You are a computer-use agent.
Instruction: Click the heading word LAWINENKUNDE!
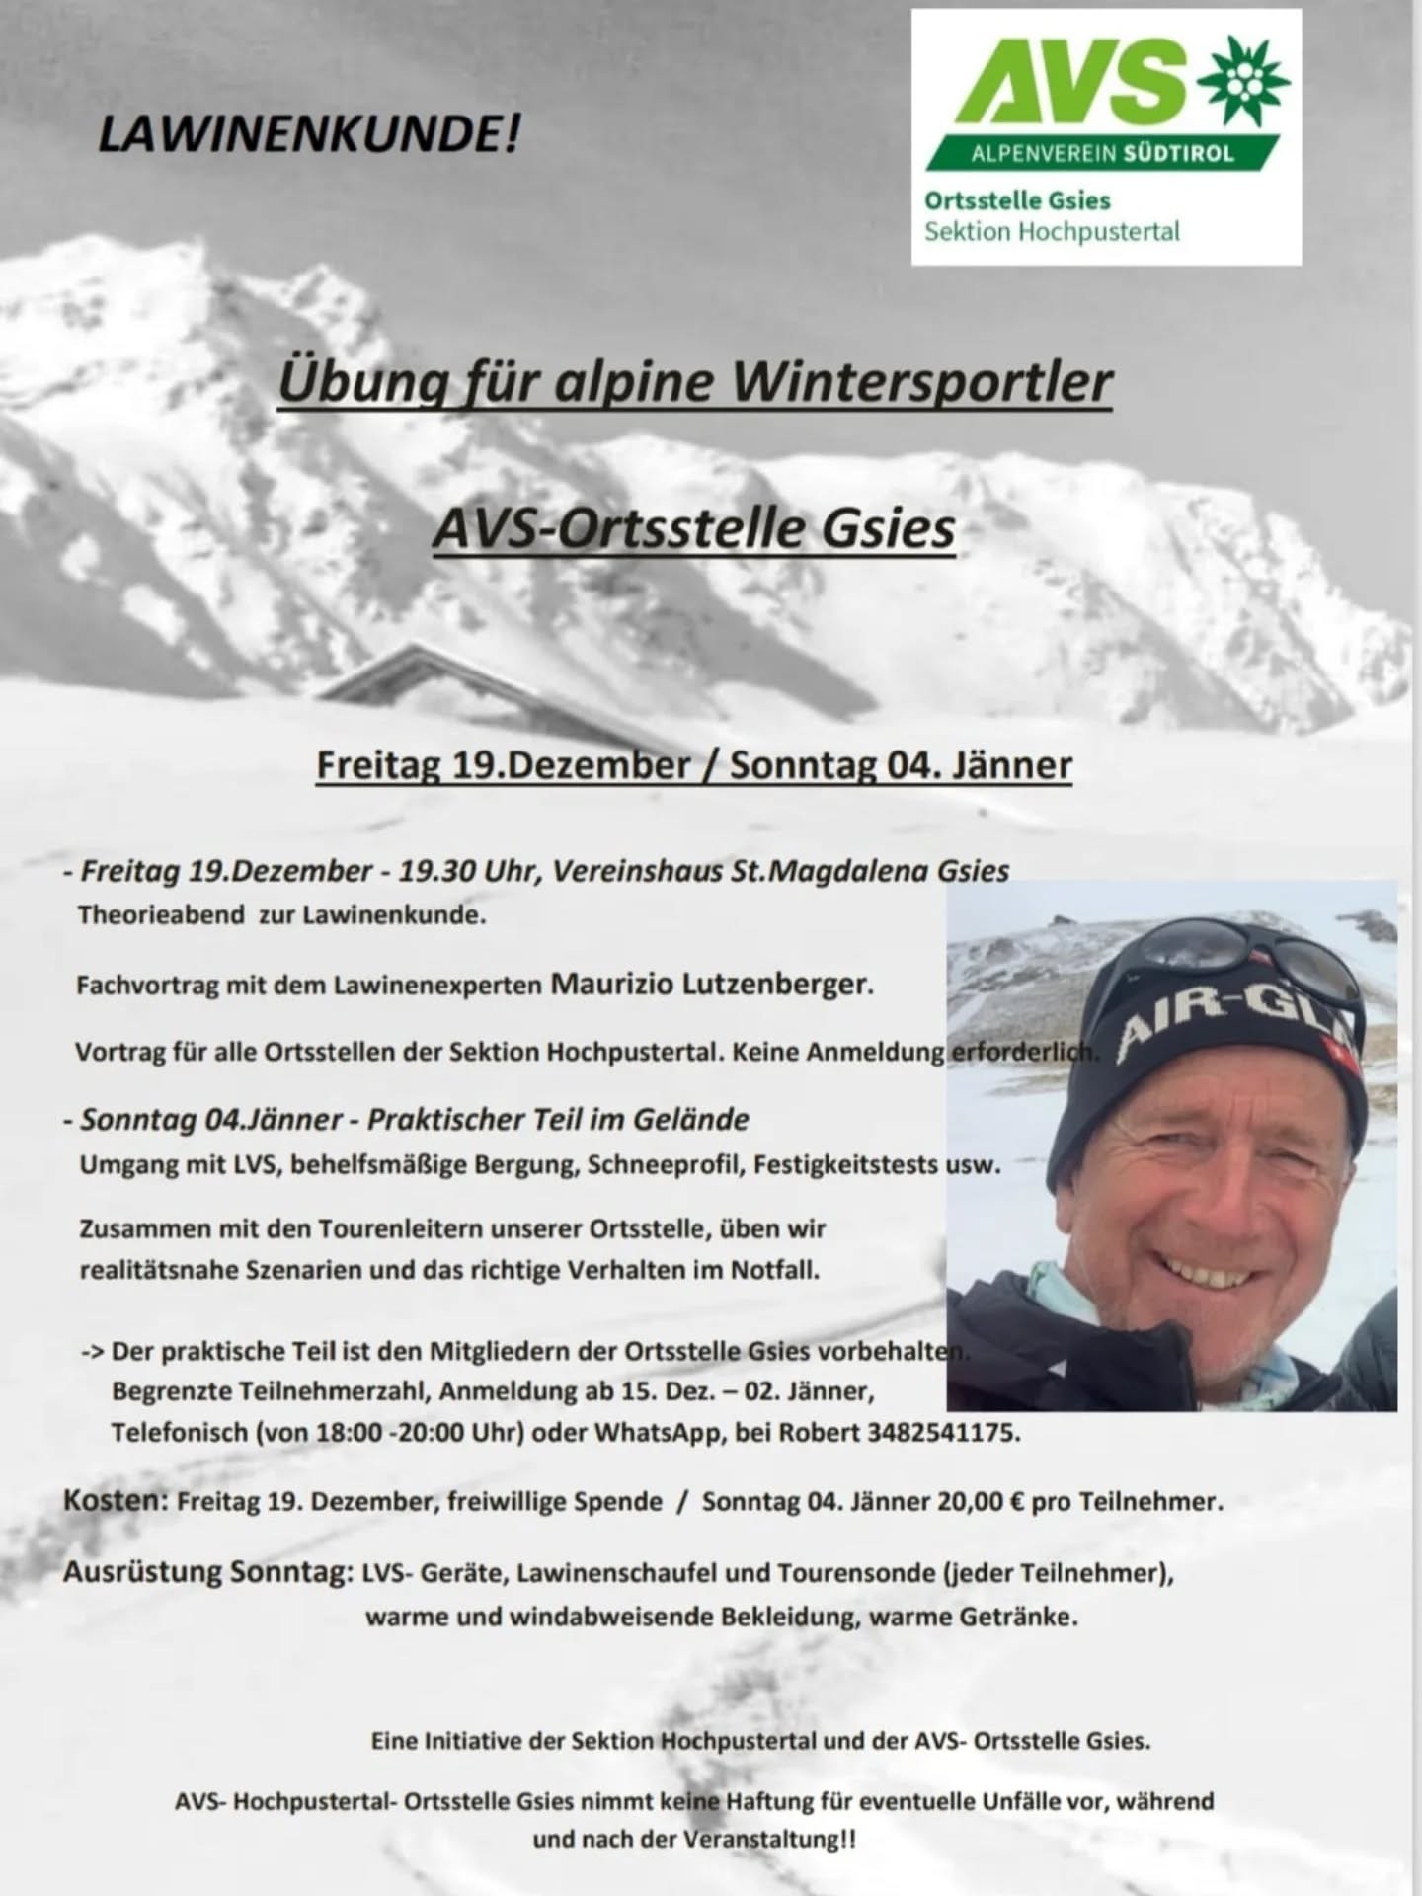point(308,133)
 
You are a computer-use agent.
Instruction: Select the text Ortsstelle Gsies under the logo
point(1017,200)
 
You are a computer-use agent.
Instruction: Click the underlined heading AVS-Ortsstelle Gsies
point(694,527)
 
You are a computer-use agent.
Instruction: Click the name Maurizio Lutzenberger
point(710,985)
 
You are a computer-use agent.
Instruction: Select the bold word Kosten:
point(116,1501)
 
